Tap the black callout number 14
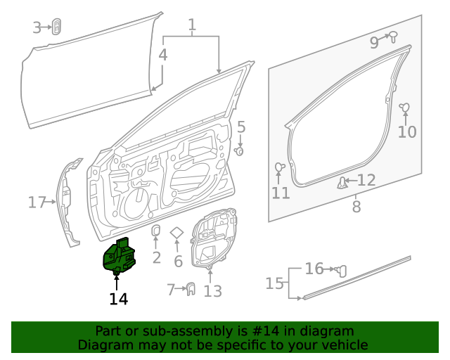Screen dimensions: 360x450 pos(118,299)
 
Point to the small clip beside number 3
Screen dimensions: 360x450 pos(56,27)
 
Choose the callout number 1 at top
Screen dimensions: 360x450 pos(191,26)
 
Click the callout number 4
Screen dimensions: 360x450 pos(162,55)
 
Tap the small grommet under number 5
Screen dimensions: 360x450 pos(240,150)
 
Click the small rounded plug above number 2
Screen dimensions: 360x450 pos(156,232)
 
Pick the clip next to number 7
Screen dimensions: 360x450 pos(189,288)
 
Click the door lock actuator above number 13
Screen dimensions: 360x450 pos(214,240)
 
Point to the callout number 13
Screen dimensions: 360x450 pos(212,291)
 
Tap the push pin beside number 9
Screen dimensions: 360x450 pos(394,36)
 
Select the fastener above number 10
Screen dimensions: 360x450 pos(405,108)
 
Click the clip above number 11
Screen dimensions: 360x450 pos(279,167)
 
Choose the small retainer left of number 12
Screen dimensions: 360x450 pos(342,183)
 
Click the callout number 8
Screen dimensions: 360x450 pos(356,207)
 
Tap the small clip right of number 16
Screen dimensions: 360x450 pos(342,270)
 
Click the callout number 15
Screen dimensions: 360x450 pos(274,283)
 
